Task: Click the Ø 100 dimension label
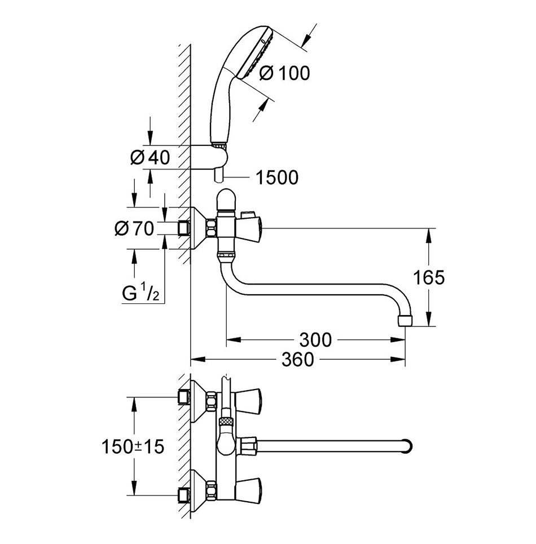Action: point(284,73)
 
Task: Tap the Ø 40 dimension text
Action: point(149,158)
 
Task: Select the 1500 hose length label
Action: point(276,178)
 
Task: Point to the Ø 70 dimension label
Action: point(134,228)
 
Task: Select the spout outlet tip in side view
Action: point(405,321)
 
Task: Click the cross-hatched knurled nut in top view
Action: point(226,421)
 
